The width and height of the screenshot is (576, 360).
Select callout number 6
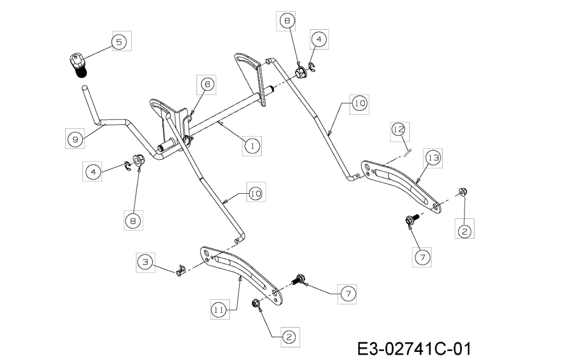click(207, 84)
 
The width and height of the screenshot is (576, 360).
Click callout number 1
click(252, 146)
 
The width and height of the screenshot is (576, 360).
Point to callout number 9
click(75, 139)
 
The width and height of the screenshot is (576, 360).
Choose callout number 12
click(399, 129)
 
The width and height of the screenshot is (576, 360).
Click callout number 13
click(434, 158)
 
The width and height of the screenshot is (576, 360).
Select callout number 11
click(219, 310)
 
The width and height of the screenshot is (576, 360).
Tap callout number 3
click(146, 262)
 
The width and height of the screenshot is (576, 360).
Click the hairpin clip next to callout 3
click(179, 271)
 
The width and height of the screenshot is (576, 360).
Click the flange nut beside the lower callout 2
click(255, 304)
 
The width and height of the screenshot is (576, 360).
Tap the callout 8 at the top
click(287, 21)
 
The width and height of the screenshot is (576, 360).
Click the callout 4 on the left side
click(93, 172)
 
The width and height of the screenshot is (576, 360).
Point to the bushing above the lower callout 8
click(139, 161)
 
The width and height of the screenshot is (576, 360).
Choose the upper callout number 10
click(359, 103)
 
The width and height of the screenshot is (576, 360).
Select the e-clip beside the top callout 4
click(312, 67)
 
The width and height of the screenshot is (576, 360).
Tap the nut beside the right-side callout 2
click(463, 192)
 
